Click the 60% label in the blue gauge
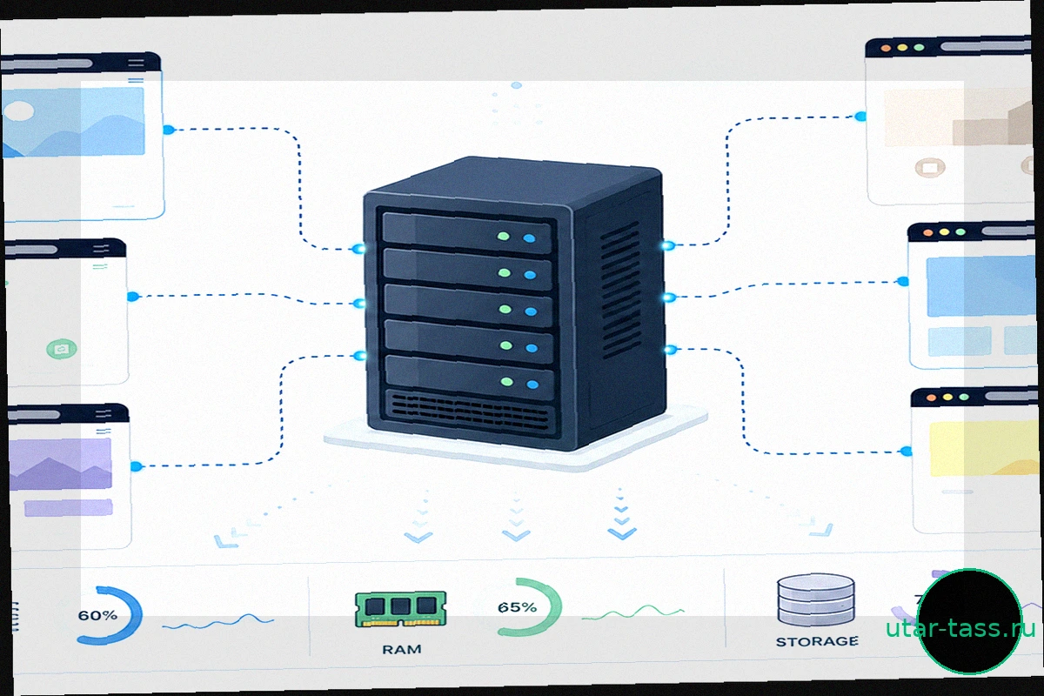click(x=97, y=615)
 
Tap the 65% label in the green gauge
click(x=517, y=607)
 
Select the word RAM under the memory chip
click(x=402, y=649)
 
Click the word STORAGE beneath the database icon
click(x=817, y=641)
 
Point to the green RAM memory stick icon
click(x=400, y=609)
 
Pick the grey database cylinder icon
click(x=816, y=600)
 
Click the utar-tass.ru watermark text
click(x=960, y=628)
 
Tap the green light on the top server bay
click(x=504, y=237)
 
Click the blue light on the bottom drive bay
click(x=532, y=385)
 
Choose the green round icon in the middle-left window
click(x=62, y=349)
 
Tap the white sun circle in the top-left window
click(x=18, y=111)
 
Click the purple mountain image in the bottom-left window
click(x=61, y=465)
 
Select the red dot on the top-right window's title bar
click(x=886, y=49)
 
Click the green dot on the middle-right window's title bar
click(x=960, y=232)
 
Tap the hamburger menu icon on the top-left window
click(x=136, y=63)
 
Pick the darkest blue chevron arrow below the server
click(x=622, y=532)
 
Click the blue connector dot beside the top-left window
click(x=169, y=130)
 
